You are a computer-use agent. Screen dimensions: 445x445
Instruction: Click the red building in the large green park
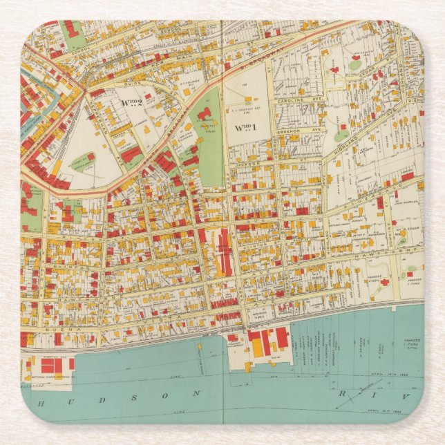tap(202, 114)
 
